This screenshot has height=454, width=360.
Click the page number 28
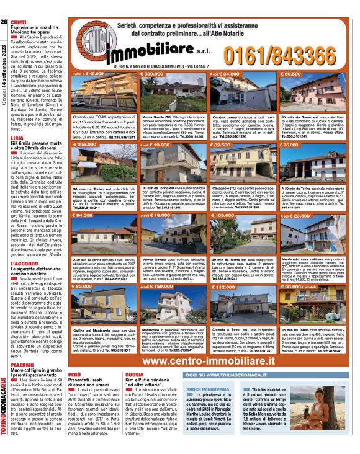tap(4, 22)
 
